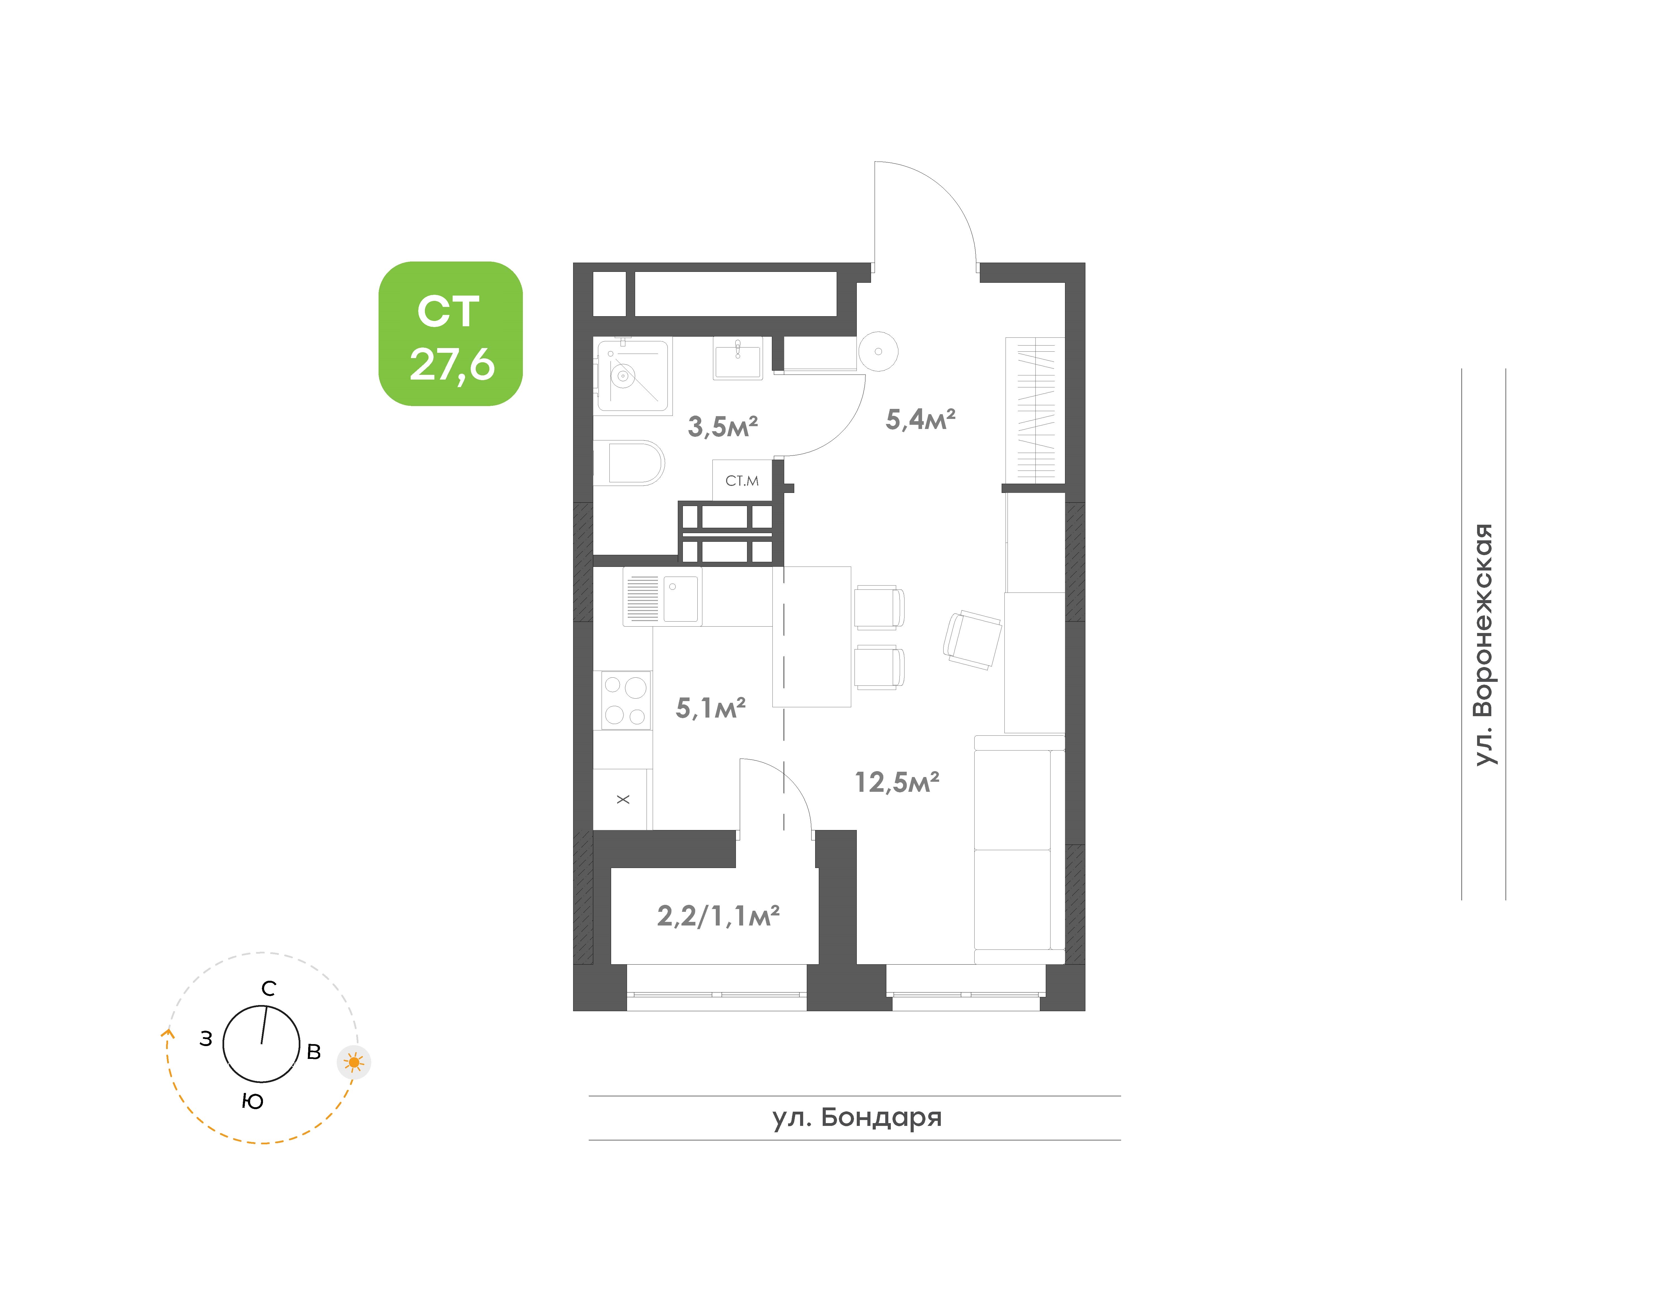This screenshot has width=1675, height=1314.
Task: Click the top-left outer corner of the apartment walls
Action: tap(573, 263)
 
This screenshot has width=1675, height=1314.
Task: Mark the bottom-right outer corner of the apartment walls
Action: tap(1085, 1010)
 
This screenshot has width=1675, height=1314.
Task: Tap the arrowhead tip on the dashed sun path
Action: tap(169, 1029)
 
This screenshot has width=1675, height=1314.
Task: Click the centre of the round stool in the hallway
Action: tap(878, 352)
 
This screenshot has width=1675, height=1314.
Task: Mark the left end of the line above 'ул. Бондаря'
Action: tap(589, 1095)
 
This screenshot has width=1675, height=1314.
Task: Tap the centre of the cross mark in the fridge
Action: tap(623, 799)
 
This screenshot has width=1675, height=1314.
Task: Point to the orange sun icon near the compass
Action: tap(354, 1063)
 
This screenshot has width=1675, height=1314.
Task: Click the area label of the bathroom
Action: tap(722, 426)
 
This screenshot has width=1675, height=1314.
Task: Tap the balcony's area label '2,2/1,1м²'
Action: tap(718, 915)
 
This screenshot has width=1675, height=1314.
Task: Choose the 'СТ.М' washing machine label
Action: tap(742, 481)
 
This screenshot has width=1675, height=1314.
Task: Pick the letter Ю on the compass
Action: tap(252, 1102)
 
